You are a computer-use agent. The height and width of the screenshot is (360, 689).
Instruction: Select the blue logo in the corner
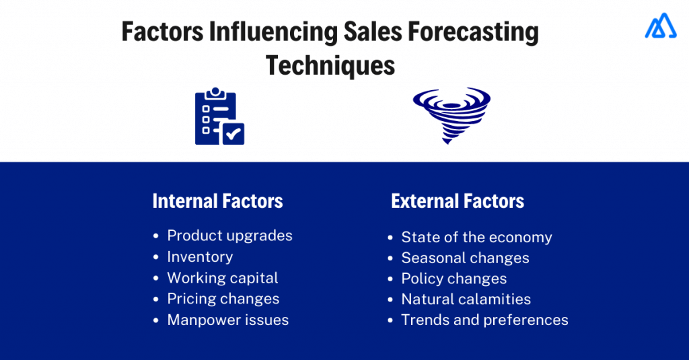[x=660, y=26]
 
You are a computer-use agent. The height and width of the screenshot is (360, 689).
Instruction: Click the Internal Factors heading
[x=217, y=201]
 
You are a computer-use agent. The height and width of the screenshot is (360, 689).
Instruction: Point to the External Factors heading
[x=458, y=201]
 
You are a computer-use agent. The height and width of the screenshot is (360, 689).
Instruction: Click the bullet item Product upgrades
[x=229, y=236]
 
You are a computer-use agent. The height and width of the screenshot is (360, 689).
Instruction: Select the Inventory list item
[x=200, y=256]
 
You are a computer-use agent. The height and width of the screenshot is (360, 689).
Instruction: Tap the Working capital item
[x=222, y=278]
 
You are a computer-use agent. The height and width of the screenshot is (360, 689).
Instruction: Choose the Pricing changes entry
[x=223, y=299]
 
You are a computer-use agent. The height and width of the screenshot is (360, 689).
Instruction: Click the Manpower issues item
[x=227, y=320]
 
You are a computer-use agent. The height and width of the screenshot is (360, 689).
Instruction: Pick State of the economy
[x=476, y=237]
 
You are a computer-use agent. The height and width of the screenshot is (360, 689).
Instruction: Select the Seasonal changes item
[x=465, y=258]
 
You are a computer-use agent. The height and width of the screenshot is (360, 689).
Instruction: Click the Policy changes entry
[x=454, y=279]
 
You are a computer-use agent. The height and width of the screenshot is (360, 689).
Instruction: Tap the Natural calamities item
[x=466, y=299]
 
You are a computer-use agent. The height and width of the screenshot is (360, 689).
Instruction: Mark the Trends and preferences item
[x=484, y=320]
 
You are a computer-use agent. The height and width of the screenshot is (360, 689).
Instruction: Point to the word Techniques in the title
[x=330, y=65]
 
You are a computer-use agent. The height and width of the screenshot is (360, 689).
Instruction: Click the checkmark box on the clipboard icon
[x=233, y=133]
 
